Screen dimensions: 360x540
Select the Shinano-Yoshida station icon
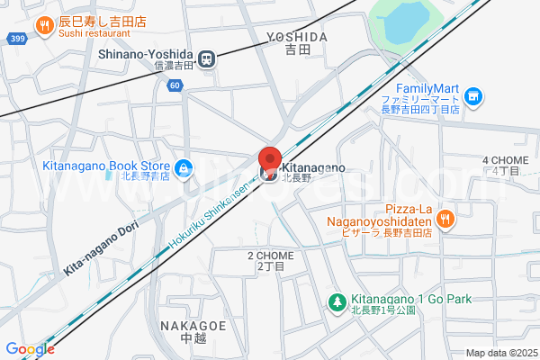[207, 58]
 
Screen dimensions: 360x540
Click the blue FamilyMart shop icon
[473, 95]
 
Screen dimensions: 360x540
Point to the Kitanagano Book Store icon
[183, 166]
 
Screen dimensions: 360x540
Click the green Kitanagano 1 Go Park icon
[337, 301]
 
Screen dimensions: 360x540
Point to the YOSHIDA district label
[296, 37]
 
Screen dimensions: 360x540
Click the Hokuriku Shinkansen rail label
[212, 211]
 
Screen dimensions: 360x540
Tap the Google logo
[29, 349]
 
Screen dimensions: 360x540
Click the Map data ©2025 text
[499, 353]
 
